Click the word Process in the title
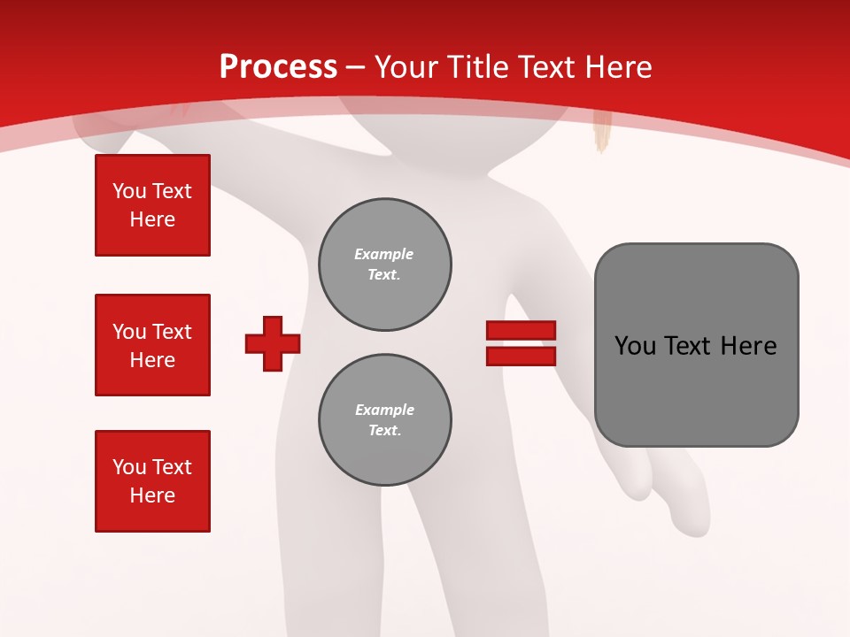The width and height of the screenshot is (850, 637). (x=278, y=66)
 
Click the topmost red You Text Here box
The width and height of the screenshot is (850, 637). (x=152, y=205)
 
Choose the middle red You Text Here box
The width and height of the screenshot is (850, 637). (x=152, y=345)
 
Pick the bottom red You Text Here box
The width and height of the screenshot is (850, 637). (x=152, y=481)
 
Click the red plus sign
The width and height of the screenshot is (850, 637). (x=273, y=343)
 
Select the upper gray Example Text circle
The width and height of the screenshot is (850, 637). (x=384, y=265)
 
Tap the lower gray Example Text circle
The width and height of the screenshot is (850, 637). (x=384, y=420)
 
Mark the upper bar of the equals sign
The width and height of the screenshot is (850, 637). (x=521, y=330)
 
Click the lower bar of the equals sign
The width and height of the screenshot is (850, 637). (x=521, y=356)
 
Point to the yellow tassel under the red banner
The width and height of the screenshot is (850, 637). (x=603, y=134)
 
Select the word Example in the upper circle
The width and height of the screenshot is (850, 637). (x=383, y=254)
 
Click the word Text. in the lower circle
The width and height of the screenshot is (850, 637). (x=384, y=431)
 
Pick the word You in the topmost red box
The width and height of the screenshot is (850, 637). (x=129, y=191)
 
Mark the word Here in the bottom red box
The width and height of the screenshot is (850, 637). (x=152, y=495)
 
